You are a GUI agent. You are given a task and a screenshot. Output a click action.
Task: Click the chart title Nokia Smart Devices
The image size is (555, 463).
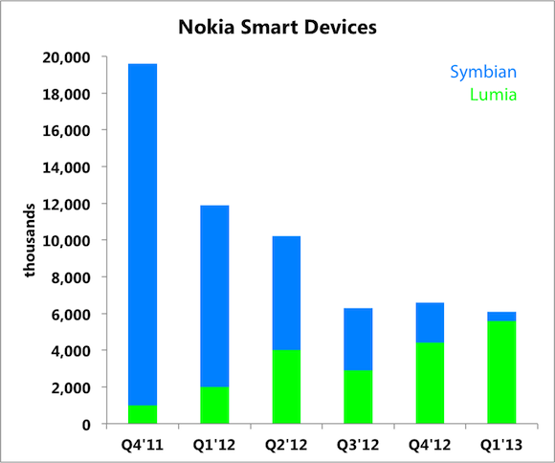tap(277, 28)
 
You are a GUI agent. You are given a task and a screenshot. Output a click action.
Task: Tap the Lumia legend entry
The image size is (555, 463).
tap(495, 95)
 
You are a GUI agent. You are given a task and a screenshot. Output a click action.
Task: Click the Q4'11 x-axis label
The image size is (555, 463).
tap(142, 445)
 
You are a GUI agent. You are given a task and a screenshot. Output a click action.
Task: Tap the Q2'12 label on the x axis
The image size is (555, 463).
tap(285, 445)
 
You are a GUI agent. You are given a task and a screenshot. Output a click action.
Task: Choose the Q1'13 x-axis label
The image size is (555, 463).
tap(501, 445)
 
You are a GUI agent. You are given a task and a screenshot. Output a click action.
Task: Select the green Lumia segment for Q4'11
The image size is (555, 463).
tap(142, 415)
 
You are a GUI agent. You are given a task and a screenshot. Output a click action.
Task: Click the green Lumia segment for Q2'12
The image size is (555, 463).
tap(285, 387)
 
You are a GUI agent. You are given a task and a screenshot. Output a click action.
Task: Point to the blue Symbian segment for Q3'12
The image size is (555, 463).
tap(357, 340)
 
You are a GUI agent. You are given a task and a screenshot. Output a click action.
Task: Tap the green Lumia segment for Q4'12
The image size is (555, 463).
tap(429, 384)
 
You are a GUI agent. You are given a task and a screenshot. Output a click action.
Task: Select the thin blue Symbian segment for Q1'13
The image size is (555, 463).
tap(501, 317)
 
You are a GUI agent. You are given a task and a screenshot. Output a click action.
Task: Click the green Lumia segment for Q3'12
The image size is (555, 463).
tap(357, 397)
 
